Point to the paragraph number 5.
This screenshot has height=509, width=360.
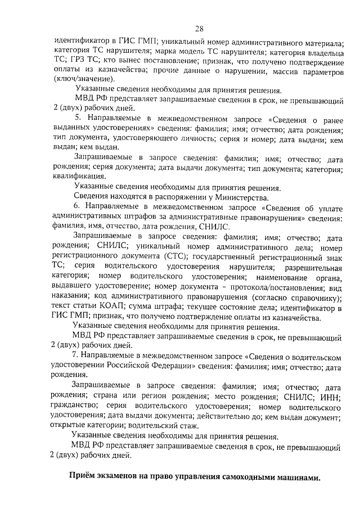(x=78, y=119)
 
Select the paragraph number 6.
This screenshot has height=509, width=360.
(x=78, y=208)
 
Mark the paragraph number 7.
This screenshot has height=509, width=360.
(x=75, y=356)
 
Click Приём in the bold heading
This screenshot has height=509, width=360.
(x=82, y=479)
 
